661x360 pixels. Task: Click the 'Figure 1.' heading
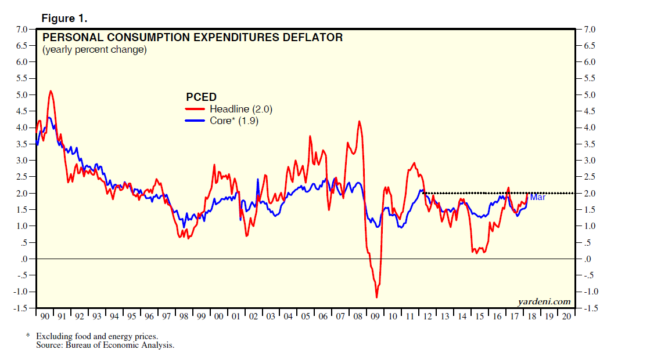click(x=64, y=18)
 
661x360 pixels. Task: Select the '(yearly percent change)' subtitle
click(x=95, y=50)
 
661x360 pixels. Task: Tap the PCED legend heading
click(x=201, y=97)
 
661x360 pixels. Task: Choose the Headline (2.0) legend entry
click(x=240, y=108)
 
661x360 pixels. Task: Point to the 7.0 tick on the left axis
click(x=22, y=29)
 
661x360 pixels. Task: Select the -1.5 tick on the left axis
click(x=21, y=308)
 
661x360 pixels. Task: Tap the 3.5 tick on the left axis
click(x=22, y=144)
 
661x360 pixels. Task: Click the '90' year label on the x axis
click(x=45, y=317)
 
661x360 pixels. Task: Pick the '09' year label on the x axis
click(x=375, y=317)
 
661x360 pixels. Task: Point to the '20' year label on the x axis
click(x=566, y=317)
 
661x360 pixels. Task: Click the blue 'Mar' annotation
click(x=538, y=198)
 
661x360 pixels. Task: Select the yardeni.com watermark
click(x=544, y=301)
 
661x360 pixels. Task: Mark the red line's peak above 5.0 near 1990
click(x=51, y=91)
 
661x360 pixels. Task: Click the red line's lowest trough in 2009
click(x=376, y=297)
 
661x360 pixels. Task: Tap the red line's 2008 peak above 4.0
click(x=360, y=121)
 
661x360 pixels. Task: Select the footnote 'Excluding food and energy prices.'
click(x=96, y=336)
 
